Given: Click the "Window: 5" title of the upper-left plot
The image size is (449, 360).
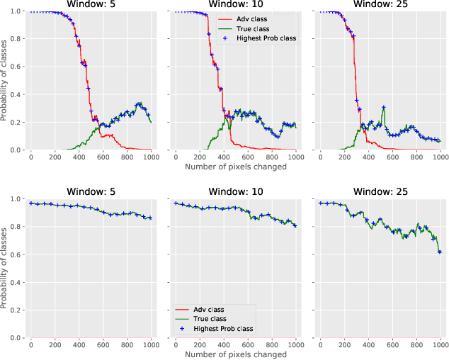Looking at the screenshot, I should click(91, 5).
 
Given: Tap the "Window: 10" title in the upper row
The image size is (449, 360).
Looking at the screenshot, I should click(235, 5).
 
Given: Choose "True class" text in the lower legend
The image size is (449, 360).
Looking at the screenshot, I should click(212, 320).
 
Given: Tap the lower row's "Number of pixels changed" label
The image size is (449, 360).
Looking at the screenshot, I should click(235, 354).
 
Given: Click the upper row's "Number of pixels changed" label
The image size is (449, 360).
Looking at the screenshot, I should click(235, 167).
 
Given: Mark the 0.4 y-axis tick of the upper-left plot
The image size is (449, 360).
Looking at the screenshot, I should click(18, 95).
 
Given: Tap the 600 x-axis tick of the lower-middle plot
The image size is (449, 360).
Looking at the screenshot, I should click(247, 345).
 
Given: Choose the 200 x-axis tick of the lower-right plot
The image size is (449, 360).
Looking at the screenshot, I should click(344, 345).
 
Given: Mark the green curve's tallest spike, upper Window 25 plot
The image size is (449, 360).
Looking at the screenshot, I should click(383, 107).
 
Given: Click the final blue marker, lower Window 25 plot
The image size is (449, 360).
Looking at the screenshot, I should click(440, 252).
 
